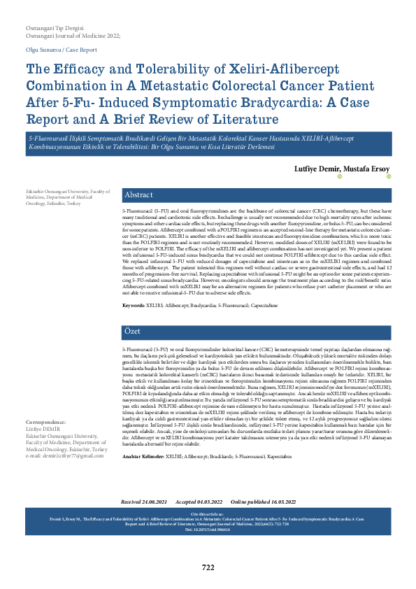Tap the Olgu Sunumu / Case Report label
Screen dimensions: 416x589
(x=61, y=50)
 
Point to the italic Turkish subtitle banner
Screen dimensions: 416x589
(x=208, y=146)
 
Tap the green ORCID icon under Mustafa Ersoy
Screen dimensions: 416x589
(x=388, y=178)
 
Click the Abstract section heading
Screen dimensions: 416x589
(x=139, y=195)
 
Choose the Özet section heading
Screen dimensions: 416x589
(x=133, y=329)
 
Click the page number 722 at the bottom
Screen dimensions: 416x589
(x=208, y=567)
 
